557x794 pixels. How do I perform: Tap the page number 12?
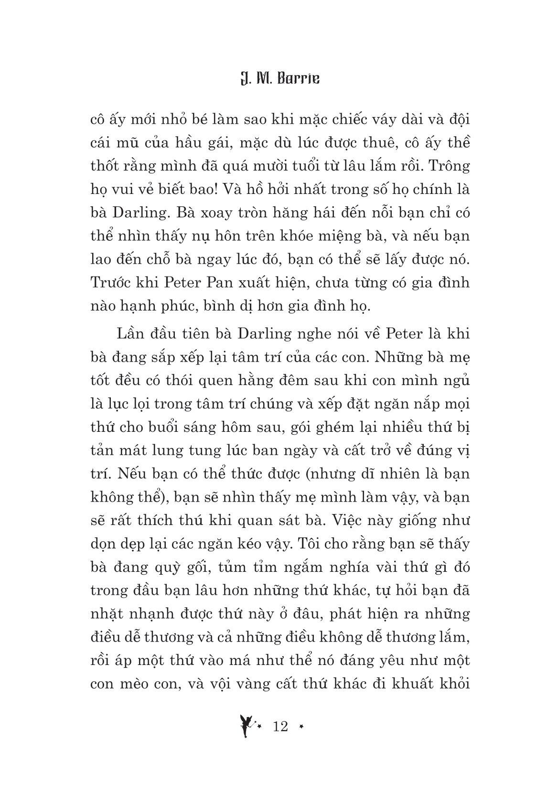(280, 727)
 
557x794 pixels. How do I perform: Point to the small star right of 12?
(301, 727)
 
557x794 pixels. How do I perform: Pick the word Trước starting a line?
(108, 283)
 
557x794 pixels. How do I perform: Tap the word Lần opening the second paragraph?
(129, 334)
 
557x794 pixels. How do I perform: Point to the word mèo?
(139, 685)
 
